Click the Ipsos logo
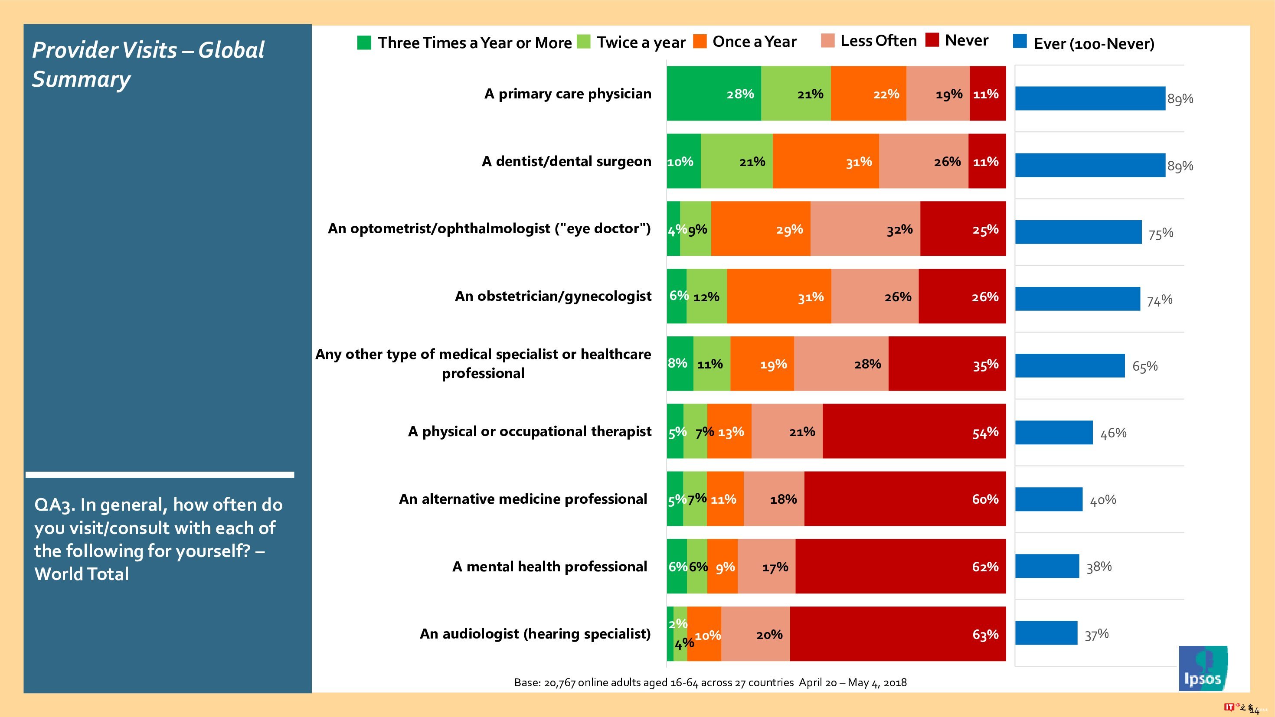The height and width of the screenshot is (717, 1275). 1202,668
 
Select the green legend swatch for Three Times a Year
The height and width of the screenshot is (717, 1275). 364,42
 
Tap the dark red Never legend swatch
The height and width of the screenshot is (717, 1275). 932,40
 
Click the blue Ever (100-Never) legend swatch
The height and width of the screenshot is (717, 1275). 1020,41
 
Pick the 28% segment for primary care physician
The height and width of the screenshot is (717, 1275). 714,94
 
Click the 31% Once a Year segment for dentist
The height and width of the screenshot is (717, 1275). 826,161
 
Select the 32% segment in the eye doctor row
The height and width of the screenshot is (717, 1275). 865,228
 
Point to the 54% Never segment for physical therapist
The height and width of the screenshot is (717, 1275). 914,431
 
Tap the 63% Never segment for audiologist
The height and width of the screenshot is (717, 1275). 898,634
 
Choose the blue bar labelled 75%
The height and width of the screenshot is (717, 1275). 1078,232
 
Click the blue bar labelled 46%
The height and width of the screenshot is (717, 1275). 1054,433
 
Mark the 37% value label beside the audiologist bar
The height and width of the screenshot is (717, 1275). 1096,634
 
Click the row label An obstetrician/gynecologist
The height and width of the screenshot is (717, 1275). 553,296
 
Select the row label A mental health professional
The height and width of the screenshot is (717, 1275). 549,567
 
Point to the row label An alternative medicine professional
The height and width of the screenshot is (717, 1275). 523,499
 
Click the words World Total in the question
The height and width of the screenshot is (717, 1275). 82,574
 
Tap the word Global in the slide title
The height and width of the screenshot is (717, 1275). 231,50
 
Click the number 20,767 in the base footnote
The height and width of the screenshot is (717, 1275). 559,683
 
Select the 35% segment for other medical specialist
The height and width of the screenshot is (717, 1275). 947,364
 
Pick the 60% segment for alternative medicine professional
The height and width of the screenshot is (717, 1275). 905,499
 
